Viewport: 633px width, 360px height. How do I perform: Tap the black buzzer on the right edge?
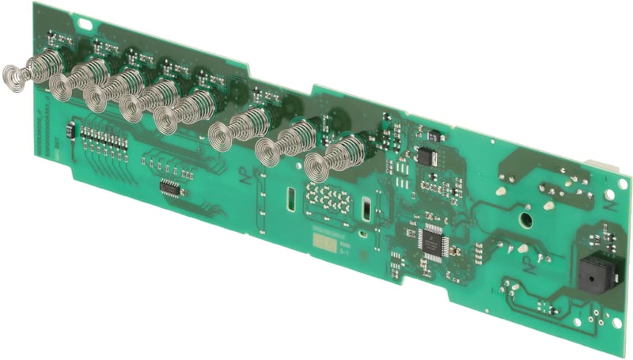(590, 275)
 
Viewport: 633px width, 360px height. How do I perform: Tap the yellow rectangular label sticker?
(324, 247)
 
